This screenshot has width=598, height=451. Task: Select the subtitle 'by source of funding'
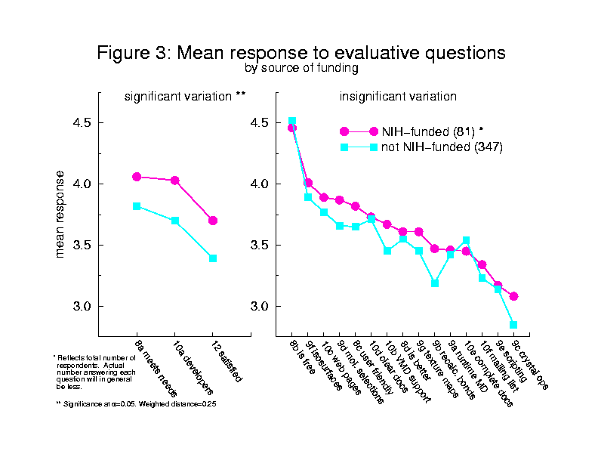[301, 68]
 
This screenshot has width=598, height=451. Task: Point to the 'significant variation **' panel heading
[185, 97]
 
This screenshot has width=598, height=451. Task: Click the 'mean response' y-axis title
[60, 214]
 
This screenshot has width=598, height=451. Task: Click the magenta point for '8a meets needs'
[137, 177]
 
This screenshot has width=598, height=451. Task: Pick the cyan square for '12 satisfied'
[213, 258]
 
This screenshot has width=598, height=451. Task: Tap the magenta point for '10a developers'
[174, 181]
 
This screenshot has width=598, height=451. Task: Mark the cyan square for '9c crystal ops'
[513, 325]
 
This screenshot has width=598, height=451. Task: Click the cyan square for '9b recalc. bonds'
[435, 283]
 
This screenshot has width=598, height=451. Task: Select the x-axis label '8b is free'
[301, 354]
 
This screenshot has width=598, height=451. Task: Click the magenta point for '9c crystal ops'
[513, 296]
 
